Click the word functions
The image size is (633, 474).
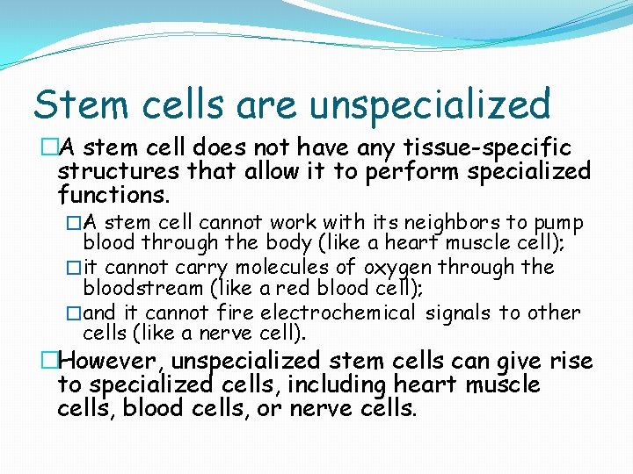click(113, 192)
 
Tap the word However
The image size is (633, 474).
click(113, 361)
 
